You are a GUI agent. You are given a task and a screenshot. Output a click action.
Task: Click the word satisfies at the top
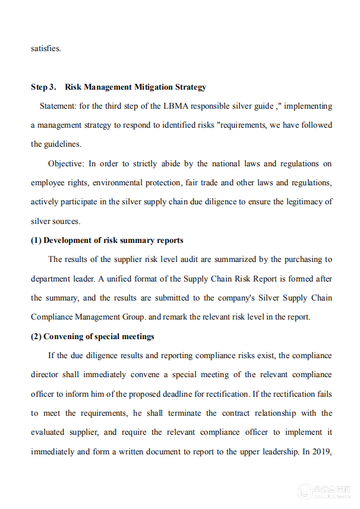pyautogui.click(x=46, y=48)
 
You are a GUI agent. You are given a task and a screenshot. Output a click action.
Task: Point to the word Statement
pyautogui.click(x=58, y=106)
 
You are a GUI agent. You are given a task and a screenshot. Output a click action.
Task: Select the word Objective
pyautogui.click(x=67, y=163)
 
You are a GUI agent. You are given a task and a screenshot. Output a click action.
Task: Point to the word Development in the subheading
pyautogui.click(x=67, y=241)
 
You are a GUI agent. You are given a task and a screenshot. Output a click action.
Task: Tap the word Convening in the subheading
pyautogui.click(x=65, y=336)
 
